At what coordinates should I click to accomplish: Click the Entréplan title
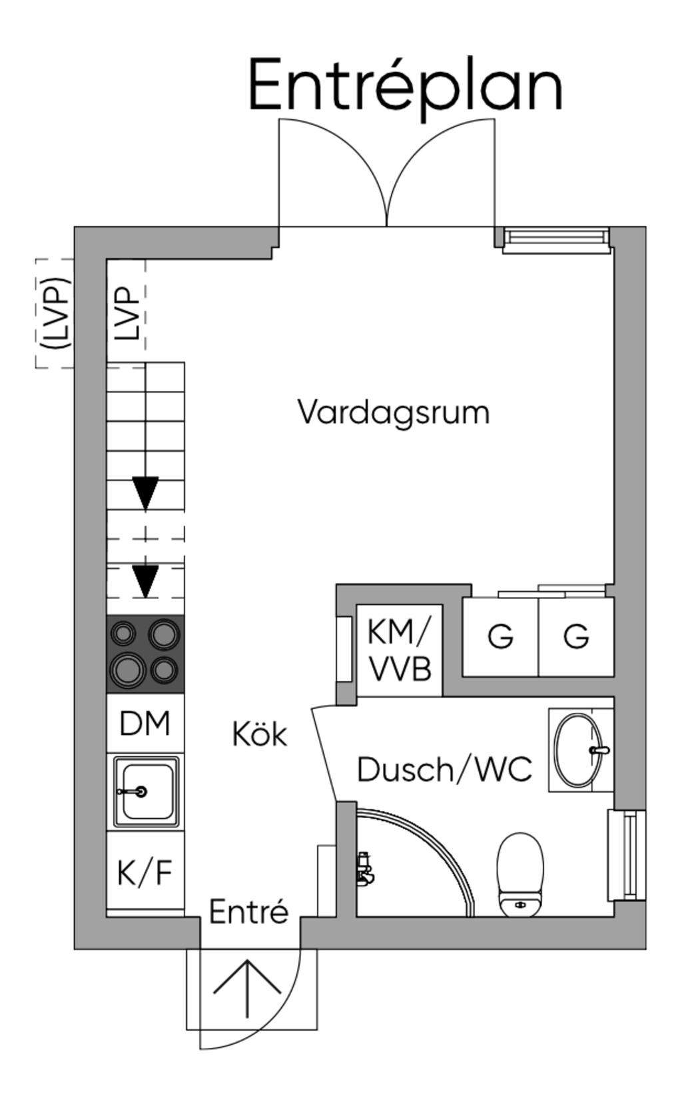(x=406, y=85)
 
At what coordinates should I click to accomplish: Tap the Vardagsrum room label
(x=394, y=412)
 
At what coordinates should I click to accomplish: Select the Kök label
(x=260, y=734)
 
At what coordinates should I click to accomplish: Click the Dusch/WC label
(x=444, y=770)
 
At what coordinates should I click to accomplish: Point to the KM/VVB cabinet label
(x=400, y=650)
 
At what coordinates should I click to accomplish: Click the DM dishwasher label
(x=145, y=724)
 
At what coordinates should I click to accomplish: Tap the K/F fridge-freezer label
(x=145, y=873)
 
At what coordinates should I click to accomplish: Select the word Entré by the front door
(x=249, y=911)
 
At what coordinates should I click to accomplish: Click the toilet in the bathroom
(x=521, y=873)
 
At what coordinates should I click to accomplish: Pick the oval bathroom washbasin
(x=578, y=750)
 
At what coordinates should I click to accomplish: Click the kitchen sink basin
(x=146, y=792)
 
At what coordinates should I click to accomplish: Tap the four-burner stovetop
(x=146, y=653)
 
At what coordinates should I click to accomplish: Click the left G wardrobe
(x=500, y=637)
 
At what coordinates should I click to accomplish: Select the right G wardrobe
(x=576, y=637)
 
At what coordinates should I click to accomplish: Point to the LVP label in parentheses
(x=55, y=313)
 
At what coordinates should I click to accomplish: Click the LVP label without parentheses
(x=127, y=313)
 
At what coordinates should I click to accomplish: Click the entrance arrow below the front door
(x=248, y=988)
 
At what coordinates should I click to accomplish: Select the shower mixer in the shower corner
(x=364, y=869)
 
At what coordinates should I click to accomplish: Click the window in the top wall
(x=556, y=238)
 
